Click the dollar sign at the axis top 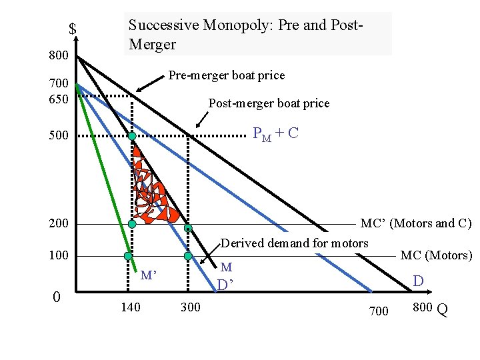tap(72, 29)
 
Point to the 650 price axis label tap(59, 97)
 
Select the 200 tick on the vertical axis tap(59, 223)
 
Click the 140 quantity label tap(130, 308)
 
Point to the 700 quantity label tap(377, 310)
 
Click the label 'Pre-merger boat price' tap(226, 75)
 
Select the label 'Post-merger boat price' tap(269, 103)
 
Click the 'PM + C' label tap(275, 133)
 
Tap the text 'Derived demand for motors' tap(294, 243)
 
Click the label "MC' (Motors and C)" tap(415, 223)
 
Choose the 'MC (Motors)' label tap(436, 255)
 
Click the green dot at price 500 tap(132, 136)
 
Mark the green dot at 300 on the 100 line tap(188, 256)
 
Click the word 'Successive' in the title tap(159, 25)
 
